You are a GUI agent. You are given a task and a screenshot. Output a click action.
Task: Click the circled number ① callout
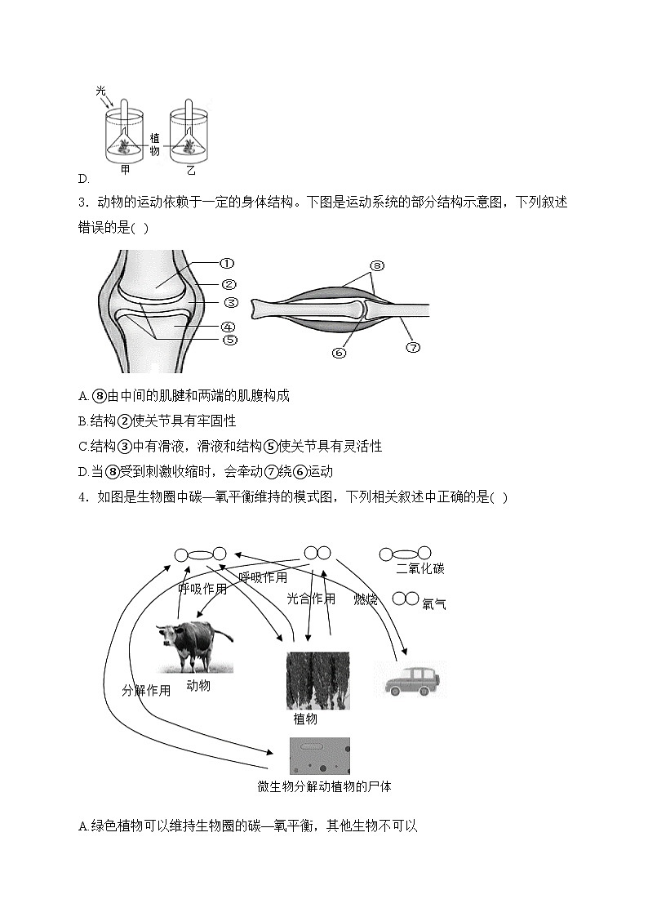(x=227, y=264)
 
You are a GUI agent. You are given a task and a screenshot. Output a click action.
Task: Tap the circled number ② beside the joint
(x=229, y=284)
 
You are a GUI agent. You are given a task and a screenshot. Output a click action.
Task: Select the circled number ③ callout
(x=230, y=303)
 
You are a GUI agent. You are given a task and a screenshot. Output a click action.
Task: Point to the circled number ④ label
(x=229, y=326)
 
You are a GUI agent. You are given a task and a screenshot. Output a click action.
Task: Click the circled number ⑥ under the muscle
(x=340, y=352)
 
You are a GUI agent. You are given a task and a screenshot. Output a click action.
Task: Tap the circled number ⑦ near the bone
(x=413, y=346)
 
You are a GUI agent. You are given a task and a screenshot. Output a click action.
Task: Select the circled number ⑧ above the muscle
(x=376, y=265)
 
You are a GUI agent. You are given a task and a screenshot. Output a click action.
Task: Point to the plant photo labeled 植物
(x=317, y=680)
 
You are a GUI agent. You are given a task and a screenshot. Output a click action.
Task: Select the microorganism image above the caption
(x=319, y=755)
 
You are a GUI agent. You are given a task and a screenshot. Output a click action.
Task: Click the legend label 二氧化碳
(x=419, y=569)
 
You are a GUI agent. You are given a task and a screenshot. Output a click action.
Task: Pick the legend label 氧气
(x=434, y=604)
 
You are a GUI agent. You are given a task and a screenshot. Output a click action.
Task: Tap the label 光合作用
(x=310, y=599)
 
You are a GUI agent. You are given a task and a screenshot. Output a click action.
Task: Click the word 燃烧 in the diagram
(x=366, y=600)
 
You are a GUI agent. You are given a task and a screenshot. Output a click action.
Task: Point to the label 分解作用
(x=146, y=690)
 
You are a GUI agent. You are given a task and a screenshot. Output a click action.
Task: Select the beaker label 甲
(x=125, y=170)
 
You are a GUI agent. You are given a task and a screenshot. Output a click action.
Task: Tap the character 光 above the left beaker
(x=100, y=92)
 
